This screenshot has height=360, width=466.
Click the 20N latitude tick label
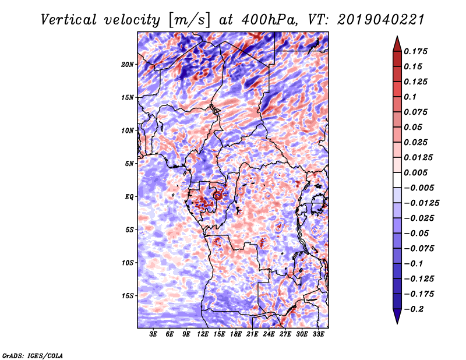pyautogui.click(x=128, y=64)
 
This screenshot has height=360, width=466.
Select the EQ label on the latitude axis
pyautogui.click(x=129, y=197)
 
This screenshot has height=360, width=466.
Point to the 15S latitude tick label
pyautogui.click(x=128, y=296)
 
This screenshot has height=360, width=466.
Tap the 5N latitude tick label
pyautogui.click(x=129, y=164)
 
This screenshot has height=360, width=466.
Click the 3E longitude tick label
pyautogui.click(x=154, y=334)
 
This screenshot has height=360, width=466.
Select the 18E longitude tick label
pyautogui.click(x=236, y=334)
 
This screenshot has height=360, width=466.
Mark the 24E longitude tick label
pyautogui.click(x=269, y=334)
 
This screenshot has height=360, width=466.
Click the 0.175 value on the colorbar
pyautogui.click(x=418, y=51)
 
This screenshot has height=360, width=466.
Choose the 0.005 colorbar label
pyautogui.click(x=418, y=172)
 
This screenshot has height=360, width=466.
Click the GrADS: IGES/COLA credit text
pyautogui.click(x=32, y=355)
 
